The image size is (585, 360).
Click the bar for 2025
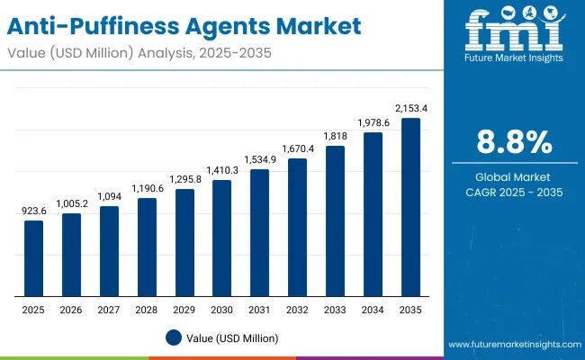[x=33, y=258]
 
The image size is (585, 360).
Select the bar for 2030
[x=221, y=238]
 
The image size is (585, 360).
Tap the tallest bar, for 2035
[x=410, y=207]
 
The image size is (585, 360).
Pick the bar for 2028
[x=147, y=247]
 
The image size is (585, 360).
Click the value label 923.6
[x=33, y=211]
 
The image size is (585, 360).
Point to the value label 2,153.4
[x=410, y=108]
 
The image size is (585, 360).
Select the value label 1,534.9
[x=259, y=159]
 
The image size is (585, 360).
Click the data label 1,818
[x=335, y=136]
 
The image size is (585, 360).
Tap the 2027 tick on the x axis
[x=109, y=310]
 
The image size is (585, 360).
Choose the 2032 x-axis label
[x=297, y=310]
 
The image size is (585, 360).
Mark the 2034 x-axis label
[x=373, y=310]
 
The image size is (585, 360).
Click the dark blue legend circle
[x=175, y=337]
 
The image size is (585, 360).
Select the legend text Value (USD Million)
[x=233, y=337]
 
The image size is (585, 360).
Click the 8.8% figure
[x=513, y=142]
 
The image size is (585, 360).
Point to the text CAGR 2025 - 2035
[x=513, y=193]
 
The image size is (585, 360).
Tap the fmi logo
[x=513, y=31]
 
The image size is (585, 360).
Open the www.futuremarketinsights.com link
[x=511, y=345]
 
